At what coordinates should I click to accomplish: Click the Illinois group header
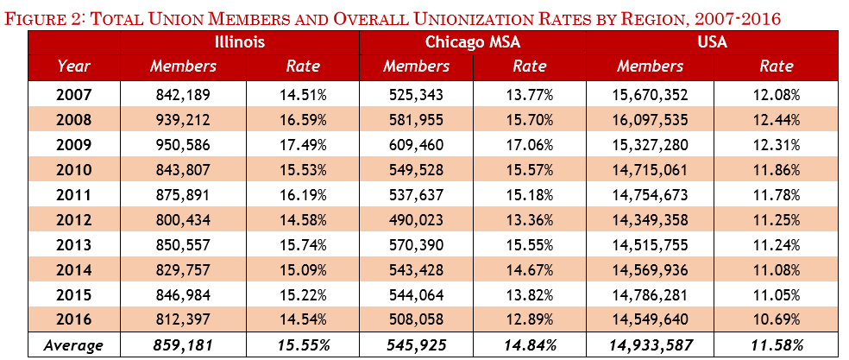(x=239, y=41)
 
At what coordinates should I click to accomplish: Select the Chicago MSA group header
(x=474, y=41)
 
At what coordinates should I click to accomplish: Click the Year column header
(x=74, y=66)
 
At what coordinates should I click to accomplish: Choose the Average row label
(x=74, y=345)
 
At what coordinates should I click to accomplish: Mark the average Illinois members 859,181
(x=183, y=345)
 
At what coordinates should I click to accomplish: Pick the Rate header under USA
(x=777, y=66)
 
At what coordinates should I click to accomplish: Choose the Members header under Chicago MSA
(x=416, y=66)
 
